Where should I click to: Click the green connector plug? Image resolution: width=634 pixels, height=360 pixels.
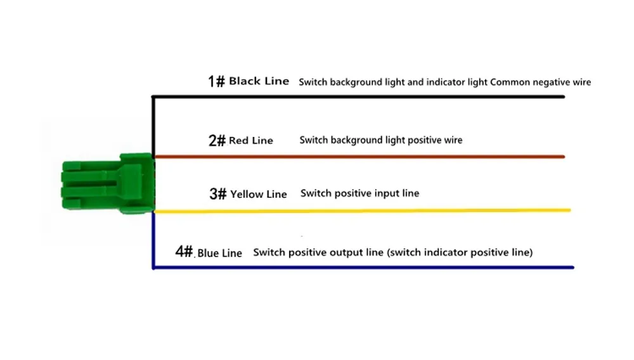click(108, 184)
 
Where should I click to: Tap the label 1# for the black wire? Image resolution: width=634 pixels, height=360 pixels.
click(216, 81)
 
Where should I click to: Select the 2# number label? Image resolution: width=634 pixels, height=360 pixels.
click(217, 141)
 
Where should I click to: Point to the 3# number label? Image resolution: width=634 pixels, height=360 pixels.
click(217, 194)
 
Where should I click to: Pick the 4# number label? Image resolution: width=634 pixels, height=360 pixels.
click(184, 252)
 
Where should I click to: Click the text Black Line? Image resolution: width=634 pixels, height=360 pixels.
click(259, 81)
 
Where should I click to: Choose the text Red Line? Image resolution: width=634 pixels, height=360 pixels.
click(251, 141)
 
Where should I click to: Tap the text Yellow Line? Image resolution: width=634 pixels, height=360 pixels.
click(259, 194)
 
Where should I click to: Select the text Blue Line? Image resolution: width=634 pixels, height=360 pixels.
click(219, 253)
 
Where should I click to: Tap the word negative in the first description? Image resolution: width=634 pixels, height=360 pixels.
click(550, 82)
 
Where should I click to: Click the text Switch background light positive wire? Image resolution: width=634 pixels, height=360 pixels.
click(380, 140)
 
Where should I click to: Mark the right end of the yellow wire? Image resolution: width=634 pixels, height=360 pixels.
click(568, 210)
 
